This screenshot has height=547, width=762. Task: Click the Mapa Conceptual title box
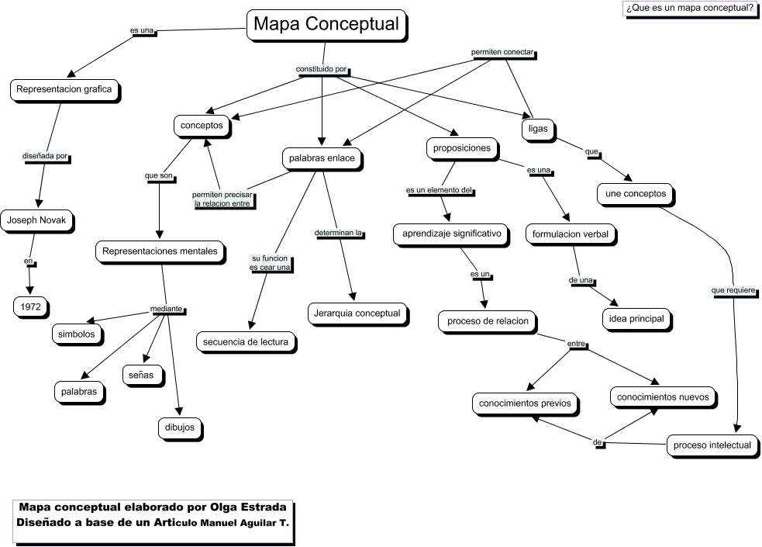click(x=326, y=25)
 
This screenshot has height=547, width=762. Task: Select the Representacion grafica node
click(x=64, y=89)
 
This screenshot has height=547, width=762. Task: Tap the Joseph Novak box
click(x=37, y=221)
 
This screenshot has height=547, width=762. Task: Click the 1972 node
click(x=30, y=307)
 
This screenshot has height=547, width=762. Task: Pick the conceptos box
click(x=202, y=125)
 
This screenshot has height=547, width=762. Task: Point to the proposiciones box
click(x=463, y=147)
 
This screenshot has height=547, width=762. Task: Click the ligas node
click(x=538, y=128)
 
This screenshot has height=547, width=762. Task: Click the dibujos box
click(x=180, y=427)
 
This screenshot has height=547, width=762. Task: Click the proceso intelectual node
click(x=712, y=445)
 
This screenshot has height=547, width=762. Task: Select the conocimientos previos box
click(x=525, y=403)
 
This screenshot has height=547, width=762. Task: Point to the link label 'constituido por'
click(x=321, y=70)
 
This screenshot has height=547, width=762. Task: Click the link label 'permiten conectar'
click(x=503, y=53)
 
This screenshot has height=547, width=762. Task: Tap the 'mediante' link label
click(x=167, y=309)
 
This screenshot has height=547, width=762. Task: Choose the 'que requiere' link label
click(x=733, y=291)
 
